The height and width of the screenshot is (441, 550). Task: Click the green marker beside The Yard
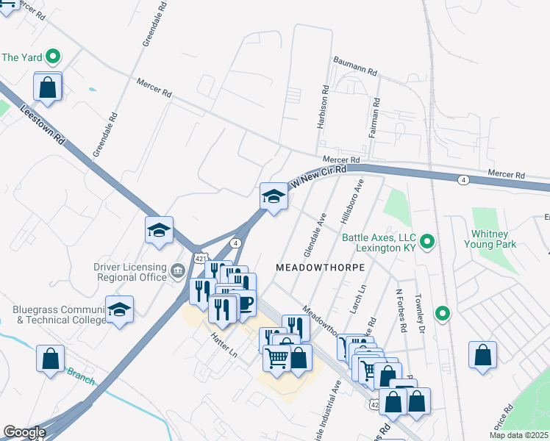pyautogui.click(x=53, y=57)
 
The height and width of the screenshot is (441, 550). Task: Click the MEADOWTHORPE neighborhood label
pyautogui.click(x=320, y=268)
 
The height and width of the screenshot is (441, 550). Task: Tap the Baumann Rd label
pyautogui.click(x=354, y=66)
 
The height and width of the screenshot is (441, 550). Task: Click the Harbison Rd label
pyautogui.click(x=322, y=107)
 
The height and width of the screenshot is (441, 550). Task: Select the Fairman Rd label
pyautogui.click(x=376, y=118)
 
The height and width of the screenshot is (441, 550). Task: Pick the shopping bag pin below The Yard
pyautogui.click(x=48, y=87)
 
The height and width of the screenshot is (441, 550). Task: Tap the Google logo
pyautogui.click(x=24, y=433)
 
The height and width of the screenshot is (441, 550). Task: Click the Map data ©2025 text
pyautogui.click(x=518, y=435)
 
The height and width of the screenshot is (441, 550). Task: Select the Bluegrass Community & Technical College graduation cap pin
pyautogui.click(x=119, y=310)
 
